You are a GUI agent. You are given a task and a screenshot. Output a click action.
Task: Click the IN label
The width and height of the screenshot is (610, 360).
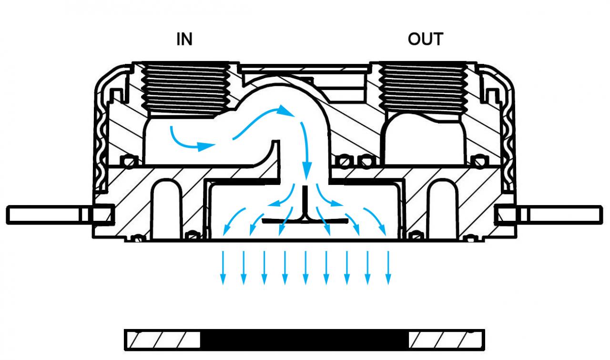click(x=184, y=39)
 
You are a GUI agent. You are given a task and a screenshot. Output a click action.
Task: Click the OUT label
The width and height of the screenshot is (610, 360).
click(x=426, y=39)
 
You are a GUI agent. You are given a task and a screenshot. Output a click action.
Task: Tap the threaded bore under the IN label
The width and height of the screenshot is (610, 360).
click(x=186, y=90)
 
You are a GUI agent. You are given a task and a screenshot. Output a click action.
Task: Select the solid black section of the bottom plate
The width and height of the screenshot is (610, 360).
click(x=304, y=339)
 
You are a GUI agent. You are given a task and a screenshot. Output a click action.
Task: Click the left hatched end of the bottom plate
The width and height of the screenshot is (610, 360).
click(x=163, y=339)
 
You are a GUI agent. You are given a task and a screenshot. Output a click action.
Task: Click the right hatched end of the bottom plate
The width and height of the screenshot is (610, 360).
click(x=446, y=339)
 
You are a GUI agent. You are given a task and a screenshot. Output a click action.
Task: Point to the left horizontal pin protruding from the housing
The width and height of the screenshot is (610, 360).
click(x=60, y=215)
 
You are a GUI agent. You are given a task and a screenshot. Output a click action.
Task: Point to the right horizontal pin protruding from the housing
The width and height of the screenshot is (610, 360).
click(x=548, y=215)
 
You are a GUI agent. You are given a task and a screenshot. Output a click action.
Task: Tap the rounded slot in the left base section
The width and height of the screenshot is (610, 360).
click(x=167, y=209)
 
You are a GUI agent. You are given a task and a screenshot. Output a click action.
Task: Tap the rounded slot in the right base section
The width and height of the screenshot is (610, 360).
click(x=443, y=209)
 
